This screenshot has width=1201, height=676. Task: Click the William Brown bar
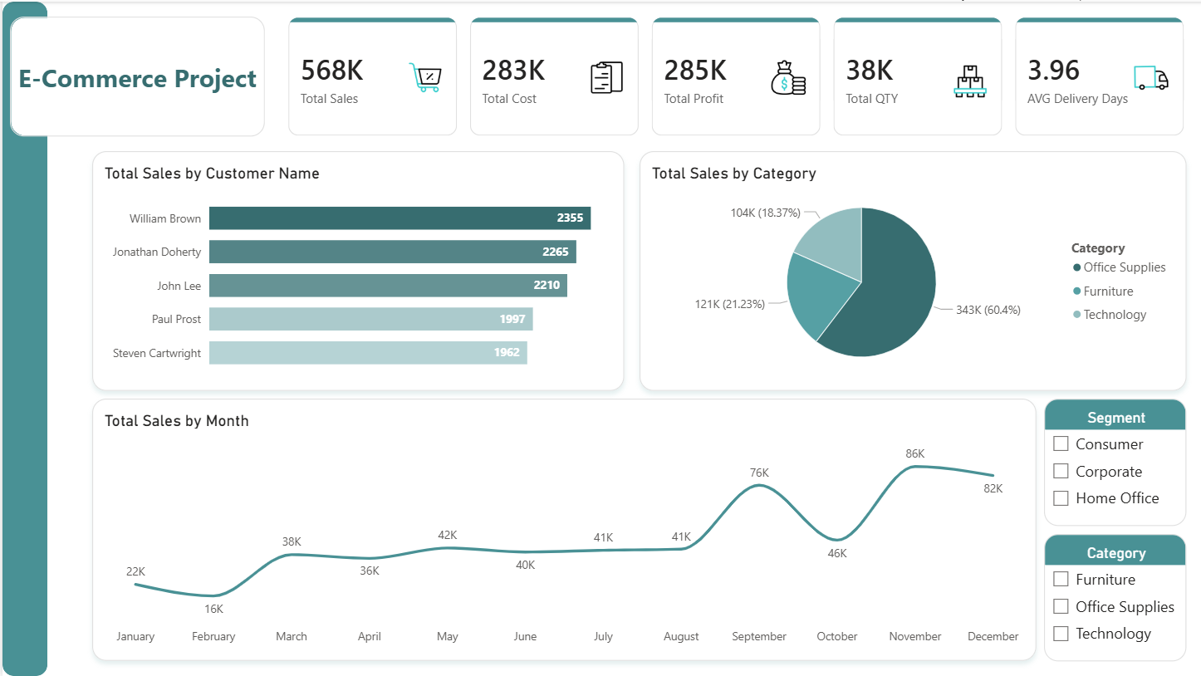coord(399,218)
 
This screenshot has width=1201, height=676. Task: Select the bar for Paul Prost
coord(370,319)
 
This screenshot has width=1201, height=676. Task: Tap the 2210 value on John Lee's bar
coord(546,286)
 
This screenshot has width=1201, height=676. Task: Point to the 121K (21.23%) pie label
coord(729,304)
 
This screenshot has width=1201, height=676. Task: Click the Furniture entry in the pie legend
coord(1108,291)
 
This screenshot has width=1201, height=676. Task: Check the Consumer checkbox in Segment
coord(1061,443)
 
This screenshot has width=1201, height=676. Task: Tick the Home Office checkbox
coord(1061,498)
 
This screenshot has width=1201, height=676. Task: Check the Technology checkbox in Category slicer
coord(1061,634)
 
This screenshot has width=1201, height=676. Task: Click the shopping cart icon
coord(425,77)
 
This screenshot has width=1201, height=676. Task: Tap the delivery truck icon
coord(1150,77)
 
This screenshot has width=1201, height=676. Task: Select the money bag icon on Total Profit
coord(788,77)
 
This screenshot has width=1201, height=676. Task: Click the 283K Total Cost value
coord(513,71)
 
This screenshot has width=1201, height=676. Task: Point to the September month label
coord(758,636)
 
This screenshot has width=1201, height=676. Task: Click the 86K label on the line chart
coord(914,453)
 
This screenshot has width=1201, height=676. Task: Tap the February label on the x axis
coord(213,636)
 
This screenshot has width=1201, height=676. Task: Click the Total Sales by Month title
coord(177,421)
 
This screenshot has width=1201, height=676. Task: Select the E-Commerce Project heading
coord(138,79)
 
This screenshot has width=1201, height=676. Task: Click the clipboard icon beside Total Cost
coord(606,77)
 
